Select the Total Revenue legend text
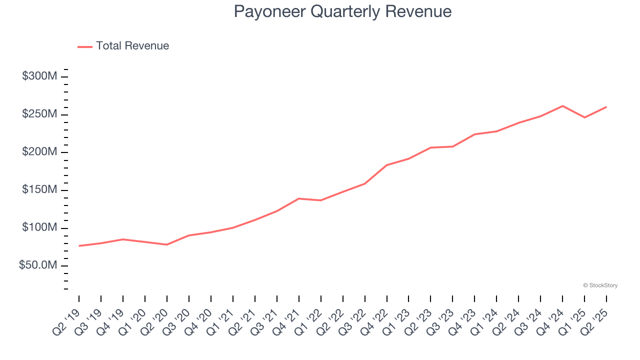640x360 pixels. pyautogui.click(x=132, y=46)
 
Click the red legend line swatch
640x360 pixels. pyautogui.click(x=85, y=46)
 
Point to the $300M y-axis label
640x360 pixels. pyautogui.click(x=39, y=76)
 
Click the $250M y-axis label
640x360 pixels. pyautogui.click(x=39, y=114)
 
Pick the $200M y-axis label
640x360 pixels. pyautogui.click(x=39, y=152)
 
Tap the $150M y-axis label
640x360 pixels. pyautogui.click(x=39, y=190)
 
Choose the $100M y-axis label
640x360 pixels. pyautogui.click(x=39, y=228)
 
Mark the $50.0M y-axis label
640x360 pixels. pyautogui.click(x=38, y=265)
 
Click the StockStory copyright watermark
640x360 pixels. pyautogui.click(x=600, y=285)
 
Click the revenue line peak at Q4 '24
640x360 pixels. pyautogui.click(x=562, y=106)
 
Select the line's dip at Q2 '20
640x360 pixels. pyautogui.click(x=166, y=244)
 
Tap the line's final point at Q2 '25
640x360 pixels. pyautogui.click(x=606, y=107)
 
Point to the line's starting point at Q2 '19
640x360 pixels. pyautogui.click(x=79, y=246)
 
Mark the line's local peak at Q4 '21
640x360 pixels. pyautogui.click(x=298, y=198)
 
